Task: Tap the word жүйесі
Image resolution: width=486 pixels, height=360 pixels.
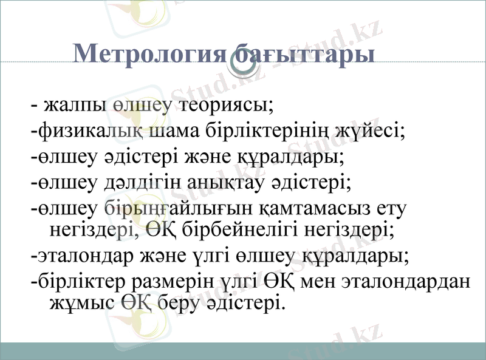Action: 371,131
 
